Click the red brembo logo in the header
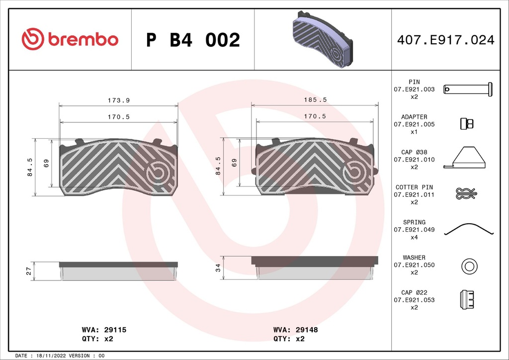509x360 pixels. (x=70, y=39)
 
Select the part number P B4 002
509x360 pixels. (x=193, y=40)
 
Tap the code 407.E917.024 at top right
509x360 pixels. (x=446, y=40)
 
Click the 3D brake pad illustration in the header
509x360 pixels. (x=323, y=39)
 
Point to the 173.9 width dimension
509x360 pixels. (x=119, y=100)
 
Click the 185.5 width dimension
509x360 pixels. (x=315, y=99)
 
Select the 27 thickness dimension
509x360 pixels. (x=28, y=271)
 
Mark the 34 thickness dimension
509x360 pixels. (x=218, y=268)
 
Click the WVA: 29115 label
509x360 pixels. (x=104, y=330)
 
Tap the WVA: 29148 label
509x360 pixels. (x=295, y=330)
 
